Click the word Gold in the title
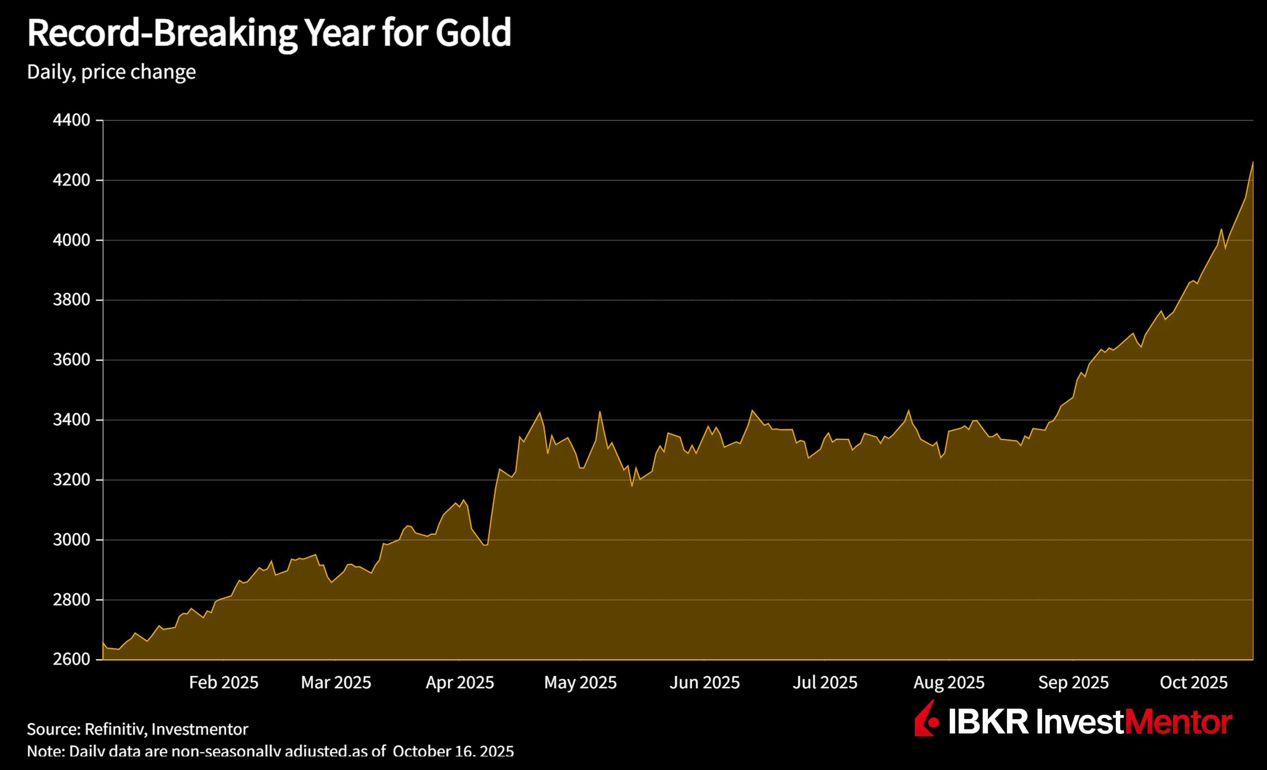(x=473, y=33)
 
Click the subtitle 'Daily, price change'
(x=111, y=72)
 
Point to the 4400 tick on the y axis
(x=72, y=120)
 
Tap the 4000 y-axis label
(x=72, y=240)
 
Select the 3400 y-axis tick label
(x=72, y=420)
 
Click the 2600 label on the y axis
(x=72, y=659)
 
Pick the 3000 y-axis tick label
(x=72, y=539)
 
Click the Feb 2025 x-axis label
(x=224, y=683)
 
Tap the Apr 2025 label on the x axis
(x=460, y=683)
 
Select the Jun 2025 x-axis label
(x=704, y=683)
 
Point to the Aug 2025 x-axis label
(x=949, y=683)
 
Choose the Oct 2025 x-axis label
(x=1193, y=683)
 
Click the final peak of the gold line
(x=1252, y=162)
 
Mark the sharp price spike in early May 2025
(x=600, y=412)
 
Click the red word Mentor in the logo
(x=1179, y=722)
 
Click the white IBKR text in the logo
(x=988, y=722)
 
